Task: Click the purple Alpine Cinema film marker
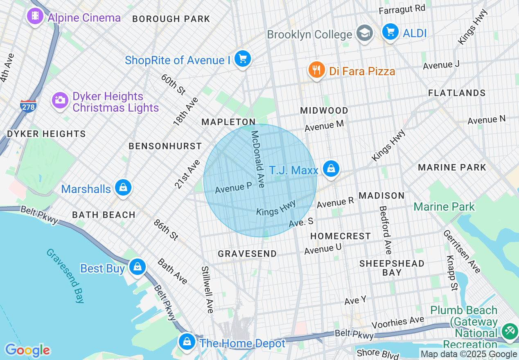click(x=35, y=17)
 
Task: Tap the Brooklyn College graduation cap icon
click(x=364, y=33)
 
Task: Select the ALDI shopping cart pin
click(x=390, y=32)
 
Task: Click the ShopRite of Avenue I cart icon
click(x=243, y=59)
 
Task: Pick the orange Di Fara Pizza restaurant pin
click(x=316, y=70)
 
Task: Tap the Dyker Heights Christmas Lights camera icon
click(x=60, y=100)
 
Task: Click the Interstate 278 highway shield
click(x=28, y=106)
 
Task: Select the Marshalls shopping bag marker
click(x=122, y=188)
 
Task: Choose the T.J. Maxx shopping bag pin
click(x=331, y=169)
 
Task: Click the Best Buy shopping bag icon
click(x=138, y=267)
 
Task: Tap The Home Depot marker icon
click(x=187, y=341)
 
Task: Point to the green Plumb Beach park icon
click(x=510, y=331)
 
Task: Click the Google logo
click(x=27, y=350)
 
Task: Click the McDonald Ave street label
click(x=258, y=159)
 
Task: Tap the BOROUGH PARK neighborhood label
click(x=171, y=19)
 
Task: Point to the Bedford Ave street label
click(x=385, y=229)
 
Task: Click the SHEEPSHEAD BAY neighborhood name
click(x=392, y=268)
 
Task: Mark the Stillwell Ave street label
click(x=207, y=290)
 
